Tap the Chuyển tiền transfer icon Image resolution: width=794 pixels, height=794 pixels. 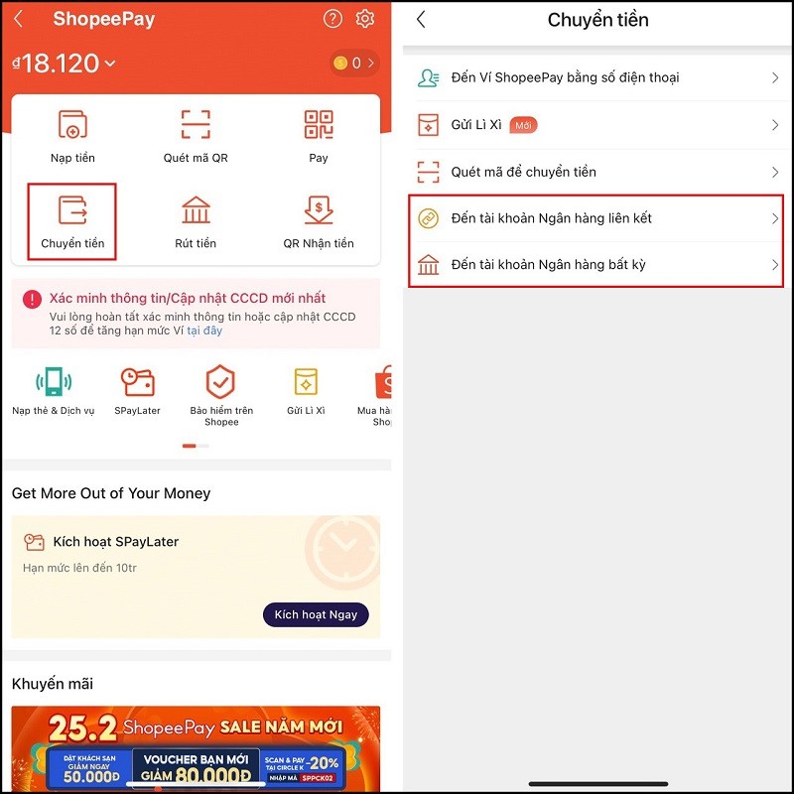(72, 210)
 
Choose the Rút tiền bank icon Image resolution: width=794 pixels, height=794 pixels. (196, 210)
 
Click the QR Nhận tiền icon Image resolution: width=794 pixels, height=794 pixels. (318, 210)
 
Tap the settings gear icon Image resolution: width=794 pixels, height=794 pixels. (365, 19)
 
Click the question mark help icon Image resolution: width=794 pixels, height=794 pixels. (333, 19)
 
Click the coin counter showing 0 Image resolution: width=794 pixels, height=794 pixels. (354, 64)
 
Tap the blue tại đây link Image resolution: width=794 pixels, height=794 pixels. (204, 331)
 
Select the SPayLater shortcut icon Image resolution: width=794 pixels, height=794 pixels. (137, 382)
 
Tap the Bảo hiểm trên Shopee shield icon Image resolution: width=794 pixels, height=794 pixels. (220, 382)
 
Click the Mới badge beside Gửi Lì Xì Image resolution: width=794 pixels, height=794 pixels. (523, 125)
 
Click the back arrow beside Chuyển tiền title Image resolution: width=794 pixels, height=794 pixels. (421, 20)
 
